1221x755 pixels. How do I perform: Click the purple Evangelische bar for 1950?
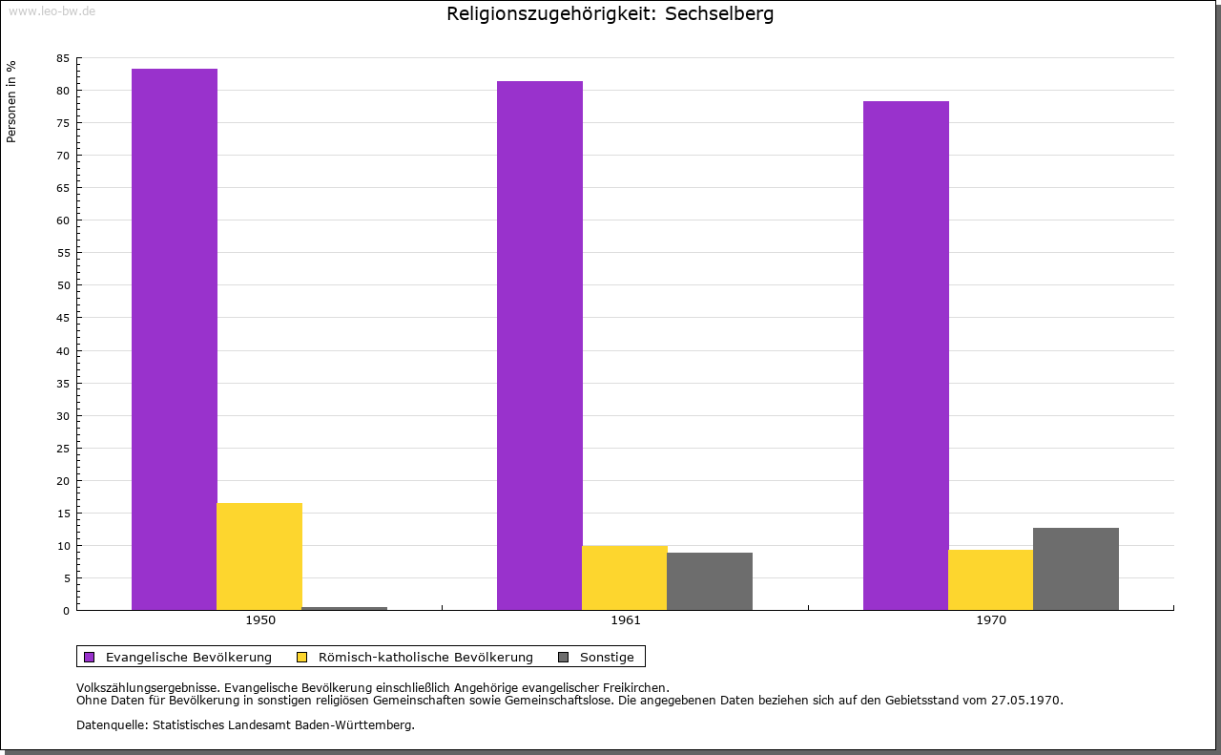[x=175, y=339]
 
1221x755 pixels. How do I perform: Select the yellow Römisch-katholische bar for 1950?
[x=259, y=556]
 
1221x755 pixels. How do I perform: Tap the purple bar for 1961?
[x=540, y=346]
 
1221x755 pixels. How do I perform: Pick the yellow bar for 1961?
[x=625, y=577]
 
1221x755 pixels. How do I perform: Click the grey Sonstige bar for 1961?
[x=710, y=581]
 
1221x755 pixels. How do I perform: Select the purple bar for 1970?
[x=906, y=355]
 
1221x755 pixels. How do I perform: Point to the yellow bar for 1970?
[x=990, y=579]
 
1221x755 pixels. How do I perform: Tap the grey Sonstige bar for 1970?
[x=1076, y=569]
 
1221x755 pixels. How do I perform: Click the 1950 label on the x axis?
[x=260, y=620]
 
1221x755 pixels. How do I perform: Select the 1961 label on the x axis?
[x=626, y=620]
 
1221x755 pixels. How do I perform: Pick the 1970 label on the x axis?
[x=991, y=620]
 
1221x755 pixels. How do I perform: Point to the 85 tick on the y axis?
[x=63, y=58]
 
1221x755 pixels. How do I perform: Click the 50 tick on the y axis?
[x=63, y=285]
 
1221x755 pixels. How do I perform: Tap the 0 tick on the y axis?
[x=67, y=611]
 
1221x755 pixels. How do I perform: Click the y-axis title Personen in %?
[x=11, y=101]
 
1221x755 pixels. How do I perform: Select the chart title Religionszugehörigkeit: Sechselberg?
[x=610, y=14]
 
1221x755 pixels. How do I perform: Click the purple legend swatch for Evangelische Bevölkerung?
[x=90, y=657]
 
